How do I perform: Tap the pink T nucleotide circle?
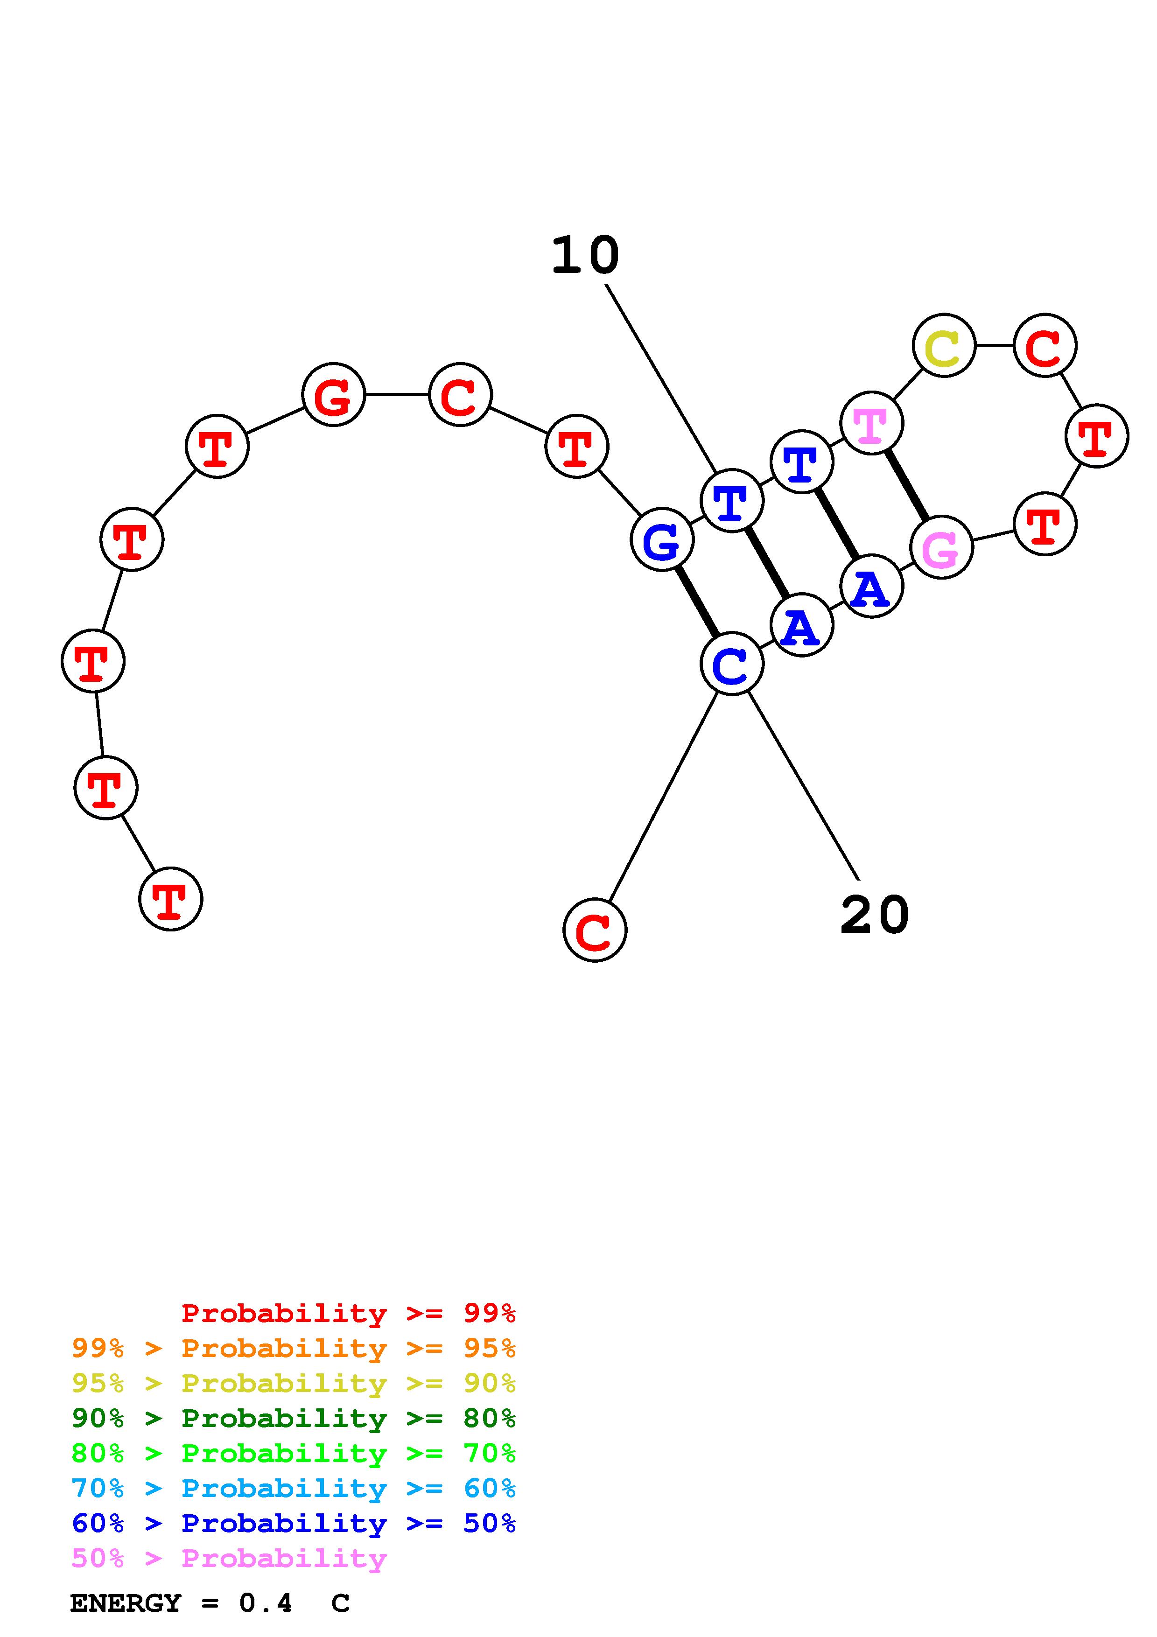pyautogui.click(x=871, y=423)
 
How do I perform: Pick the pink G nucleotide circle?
pyautogui.click(x=941, y=547)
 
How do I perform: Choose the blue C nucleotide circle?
pyautogui.click(x=731, y=664)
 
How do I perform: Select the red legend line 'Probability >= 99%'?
pyautogui.click(x=349, y=1313)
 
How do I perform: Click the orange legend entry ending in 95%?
pyautogui.click(x=294, y=1348)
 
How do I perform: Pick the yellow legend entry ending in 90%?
pyautogui.click(x=294, y=1383)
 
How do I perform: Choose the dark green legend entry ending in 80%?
pyautogui.click(x=294, y=1418)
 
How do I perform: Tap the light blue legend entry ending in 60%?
pyautogui.click(x=294, y=1488)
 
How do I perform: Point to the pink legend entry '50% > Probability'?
pyautogui.click(x=229, y=1558)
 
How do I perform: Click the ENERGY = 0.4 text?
pyautogui.click(x=181, y=1603)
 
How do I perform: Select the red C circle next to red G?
pyautogui.click(x=460, y=394)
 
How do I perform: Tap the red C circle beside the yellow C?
pyautogui.click(x=1045, y=345)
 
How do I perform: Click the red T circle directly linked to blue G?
pyautogui.click(x=576, y=446)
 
